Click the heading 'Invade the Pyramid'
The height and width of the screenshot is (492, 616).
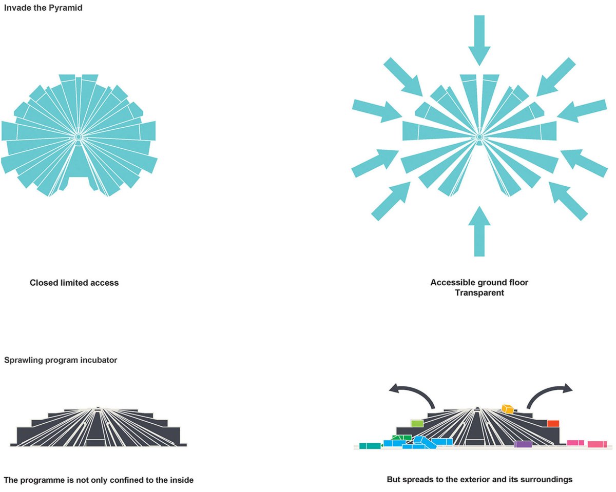(43, 8)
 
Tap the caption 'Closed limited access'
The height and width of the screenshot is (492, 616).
(74, 283)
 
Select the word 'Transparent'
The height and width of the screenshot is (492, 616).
(479, 293)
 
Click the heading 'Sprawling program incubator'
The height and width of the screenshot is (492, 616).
(61, 360)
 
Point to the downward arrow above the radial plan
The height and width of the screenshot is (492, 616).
(479, 41)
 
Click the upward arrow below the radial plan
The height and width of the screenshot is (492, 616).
(479, 231)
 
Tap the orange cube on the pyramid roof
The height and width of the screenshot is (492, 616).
(508, 409)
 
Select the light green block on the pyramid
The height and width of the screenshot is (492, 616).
(417, 423)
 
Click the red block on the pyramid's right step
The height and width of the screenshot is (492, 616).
(553, 424)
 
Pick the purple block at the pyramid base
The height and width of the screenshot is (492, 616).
(523, 444)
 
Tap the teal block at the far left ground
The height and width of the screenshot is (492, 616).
(370, 446)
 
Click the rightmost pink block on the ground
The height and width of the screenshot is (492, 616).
(597, 444)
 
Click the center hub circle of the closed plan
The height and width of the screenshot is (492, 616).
(78, 137)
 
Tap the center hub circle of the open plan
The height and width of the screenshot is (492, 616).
(479, 137)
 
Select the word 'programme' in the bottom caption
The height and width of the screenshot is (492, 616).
(43, 480)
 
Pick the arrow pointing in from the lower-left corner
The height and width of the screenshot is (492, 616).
(391, 201)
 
